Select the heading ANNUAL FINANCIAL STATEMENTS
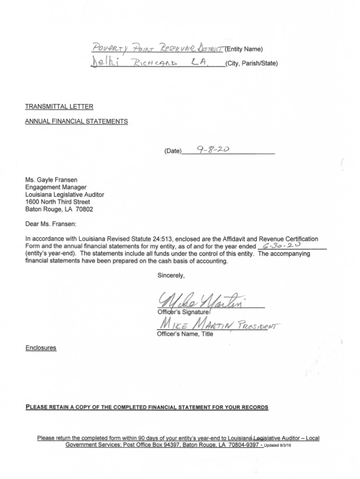tap(76, 122)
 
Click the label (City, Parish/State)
tap(251, 64)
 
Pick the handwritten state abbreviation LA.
tap(198, 62)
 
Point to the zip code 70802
tap(84, 209)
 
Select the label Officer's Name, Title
tap(184, 334)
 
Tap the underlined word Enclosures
tap(41, 348)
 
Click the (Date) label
tap(173, 151)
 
